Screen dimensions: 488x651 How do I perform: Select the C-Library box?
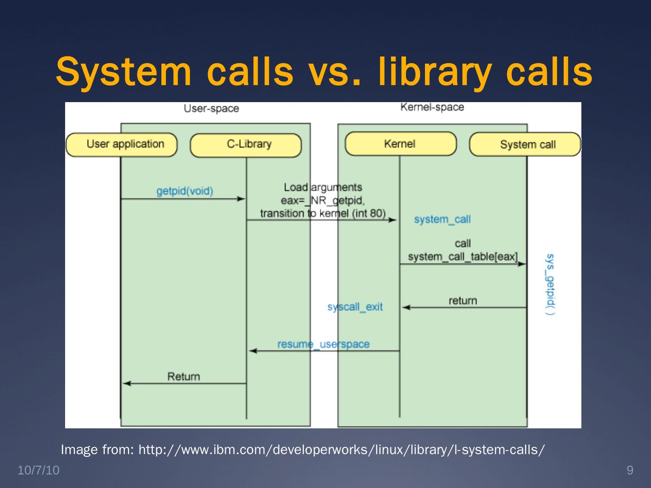tap(245, 145)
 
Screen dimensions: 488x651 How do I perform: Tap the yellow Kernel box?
tap(401, 144)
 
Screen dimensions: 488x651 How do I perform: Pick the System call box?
tap(525, 145)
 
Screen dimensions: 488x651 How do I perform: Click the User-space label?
tap(211, 108)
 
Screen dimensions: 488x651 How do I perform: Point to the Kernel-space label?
tap(432, 107)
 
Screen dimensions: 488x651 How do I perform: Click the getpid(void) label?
tap(184, 191)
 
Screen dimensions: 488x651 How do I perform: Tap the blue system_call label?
tap(442, 220)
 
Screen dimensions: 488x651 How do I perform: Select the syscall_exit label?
tap(355, 307)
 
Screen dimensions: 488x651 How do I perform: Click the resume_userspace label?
tap(323, 344)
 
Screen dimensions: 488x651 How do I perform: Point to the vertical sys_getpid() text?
tap(550, 285)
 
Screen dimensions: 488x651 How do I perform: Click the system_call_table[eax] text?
tap(462, 257)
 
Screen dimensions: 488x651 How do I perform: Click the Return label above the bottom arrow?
tap(184, 376)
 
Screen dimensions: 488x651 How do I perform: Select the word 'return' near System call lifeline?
tap(462, 300)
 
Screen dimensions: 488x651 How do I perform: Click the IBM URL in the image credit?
tap(341, 450)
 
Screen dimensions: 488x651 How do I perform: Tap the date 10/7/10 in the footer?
tap(38, 470)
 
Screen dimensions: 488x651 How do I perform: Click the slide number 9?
tap(630, 470)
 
